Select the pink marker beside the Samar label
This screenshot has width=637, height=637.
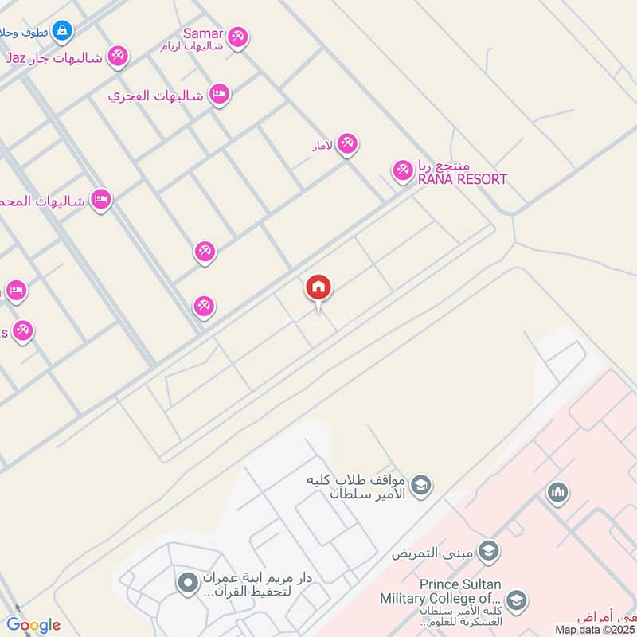tap(237, 37)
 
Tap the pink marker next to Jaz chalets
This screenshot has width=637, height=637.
tap(118, 55)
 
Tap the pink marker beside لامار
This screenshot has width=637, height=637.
tap(346, 144)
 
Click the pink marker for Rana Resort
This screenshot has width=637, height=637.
tap(402, 170)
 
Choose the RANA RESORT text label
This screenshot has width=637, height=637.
tap(463, 179)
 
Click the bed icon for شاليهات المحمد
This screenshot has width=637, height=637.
tap(100, 199)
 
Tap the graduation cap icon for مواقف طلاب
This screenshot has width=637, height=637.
tap(421, 483)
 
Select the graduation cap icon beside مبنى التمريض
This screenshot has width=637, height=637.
tap(489, 551)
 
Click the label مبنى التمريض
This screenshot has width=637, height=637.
tap(433, 553)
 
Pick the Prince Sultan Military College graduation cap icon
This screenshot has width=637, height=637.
tap(516, 600)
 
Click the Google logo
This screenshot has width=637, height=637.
tap(33, 625)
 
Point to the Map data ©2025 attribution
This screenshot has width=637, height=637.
tap(595, 629)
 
